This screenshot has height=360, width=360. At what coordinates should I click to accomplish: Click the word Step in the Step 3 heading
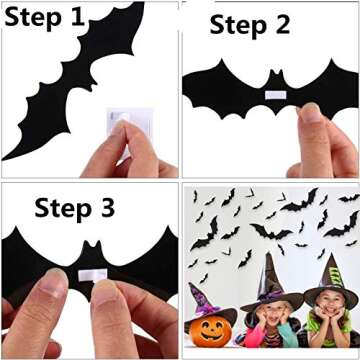coord(63,209)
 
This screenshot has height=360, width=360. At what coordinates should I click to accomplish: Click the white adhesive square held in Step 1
coord(119,128)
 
